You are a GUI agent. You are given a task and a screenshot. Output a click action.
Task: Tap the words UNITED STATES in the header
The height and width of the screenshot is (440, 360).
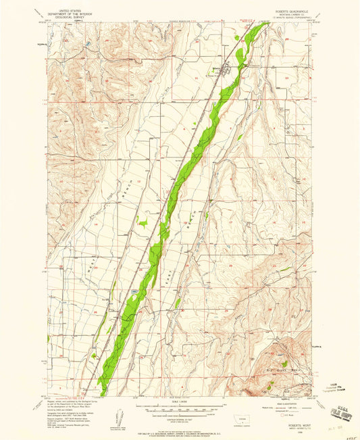[x=74, y=11]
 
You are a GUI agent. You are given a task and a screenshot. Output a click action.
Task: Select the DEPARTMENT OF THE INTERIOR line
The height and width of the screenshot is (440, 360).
[x=74, y=14]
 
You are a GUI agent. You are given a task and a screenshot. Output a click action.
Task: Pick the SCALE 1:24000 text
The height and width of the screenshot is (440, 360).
[x=178, y=401]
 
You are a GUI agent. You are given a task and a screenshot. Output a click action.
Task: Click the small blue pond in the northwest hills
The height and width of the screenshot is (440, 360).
[x=89, y=46]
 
